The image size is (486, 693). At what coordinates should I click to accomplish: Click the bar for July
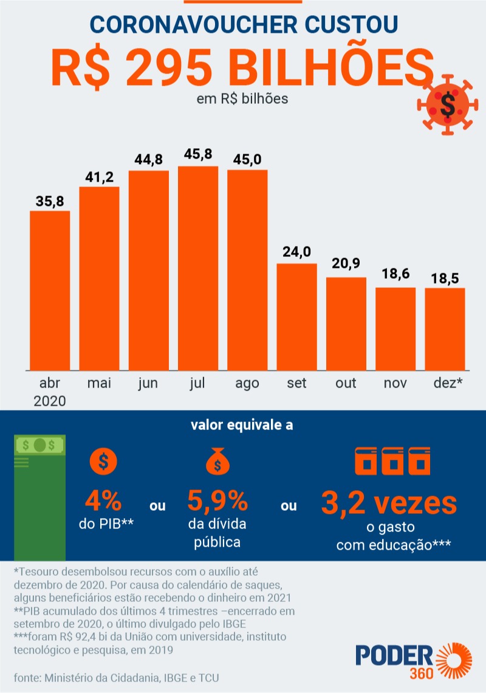coord(198,267)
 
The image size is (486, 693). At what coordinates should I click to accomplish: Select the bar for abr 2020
coord(50,290)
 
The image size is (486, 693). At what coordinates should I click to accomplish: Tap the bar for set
coord(297,316)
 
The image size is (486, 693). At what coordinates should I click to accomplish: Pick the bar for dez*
coord(445,329)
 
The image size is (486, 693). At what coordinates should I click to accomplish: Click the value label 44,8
coord(149,160)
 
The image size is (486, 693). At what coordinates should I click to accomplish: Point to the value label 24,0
coord(297,251)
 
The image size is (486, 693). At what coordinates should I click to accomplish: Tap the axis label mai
coord(99,384)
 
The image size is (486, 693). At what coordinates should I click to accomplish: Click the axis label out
coord(346,384)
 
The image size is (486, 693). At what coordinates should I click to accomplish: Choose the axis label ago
coord(247,384)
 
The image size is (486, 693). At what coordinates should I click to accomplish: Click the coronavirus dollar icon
coord(447,106)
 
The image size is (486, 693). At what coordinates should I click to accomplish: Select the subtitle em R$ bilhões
coord(242,98)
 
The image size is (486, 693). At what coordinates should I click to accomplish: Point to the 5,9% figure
coord(217,502)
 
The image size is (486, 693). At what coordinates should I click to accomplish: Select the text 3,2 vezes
coord(389,503)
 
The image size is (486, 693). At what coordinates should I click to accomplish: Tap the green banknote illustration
coord(39,496)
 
